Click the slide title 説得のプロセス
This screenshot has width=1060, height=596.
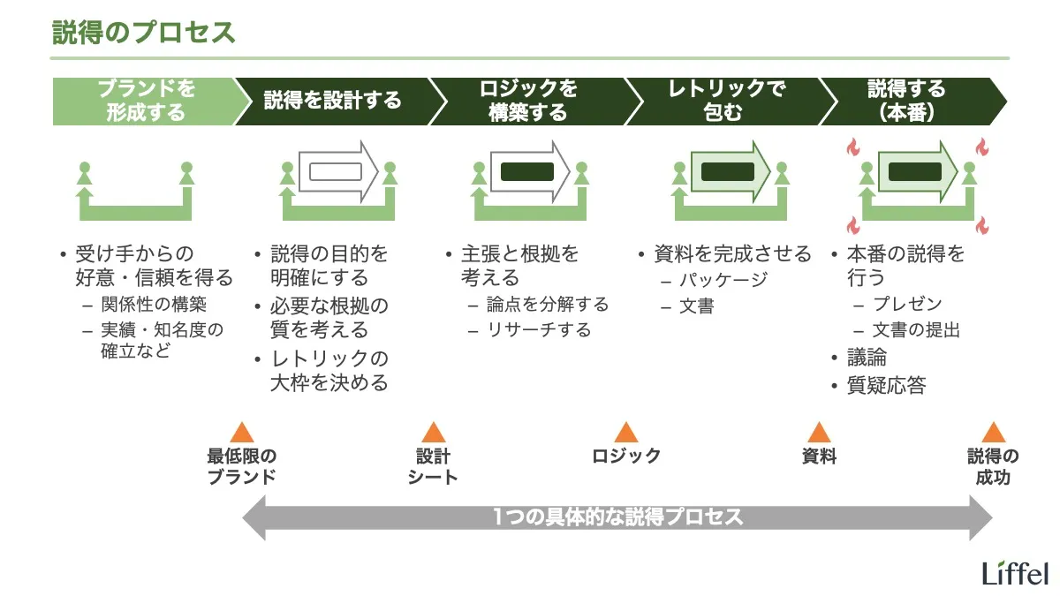pyautogui.click(x=144, y=32)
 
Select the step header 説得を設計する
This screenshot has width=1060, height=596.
pyautogui.click(x=332, y=101)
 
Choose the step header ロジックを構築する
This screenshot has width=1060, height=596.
pyautogui.click(x=527, y=101)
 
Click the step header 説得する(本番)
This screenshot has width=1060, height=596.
pyautogui.click(x=906, y=101)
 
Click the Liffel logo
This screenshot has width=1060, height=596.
pyautogui.click(x=1015, y=572)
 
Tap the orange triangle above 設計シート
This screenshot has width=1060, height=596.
pyautogui.click(x=433, y=433)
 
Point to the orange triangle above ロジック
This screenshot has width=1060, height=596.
pyautogui.click(x=626, y=433)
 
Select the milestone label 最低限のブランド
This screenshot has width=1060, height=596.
pyautogui.click(x=241, y=466)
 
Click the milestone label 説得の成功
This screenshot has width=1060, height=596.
pyautogui.click(x=993, y=466)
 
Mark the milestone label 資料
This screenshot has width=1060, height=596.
pyautogui.click(x=819, y=456)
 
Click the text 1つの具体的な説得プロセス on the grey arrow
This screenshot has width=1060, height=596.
pyautogui.click(x=617, y=517)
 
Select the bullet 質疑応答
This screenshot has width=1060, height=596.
pyautogui.click(x=886, y=386)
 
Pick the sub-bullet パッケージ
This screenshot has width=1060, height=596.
pyautogui.click(x=723, y=281)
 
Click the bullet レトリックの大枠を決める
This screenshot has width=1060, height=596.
pyautogui.click(x=329, y=371)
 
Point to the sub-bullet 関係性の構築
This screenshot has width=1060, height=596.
pyautogui.click(x=153, y=306)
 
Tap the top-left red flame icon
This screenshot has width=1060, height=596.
pyautogui.click(x=852, y=147)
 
